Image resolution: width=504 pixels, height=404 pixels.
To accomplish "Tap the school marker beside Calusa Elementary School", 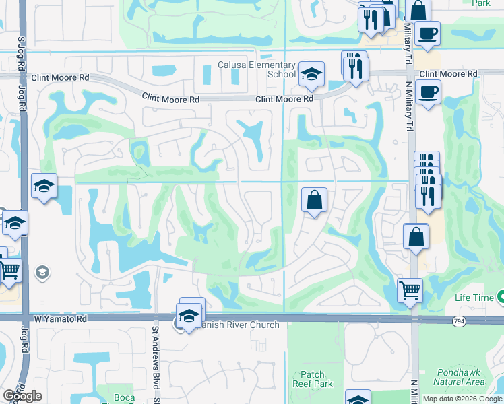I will click(312, 75).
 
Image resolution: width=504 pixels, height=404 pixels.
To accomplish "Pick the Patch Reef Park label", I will click(317, 379).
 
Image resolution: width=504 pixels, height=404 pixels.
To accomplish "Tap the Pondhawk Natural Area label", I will click(459, 376).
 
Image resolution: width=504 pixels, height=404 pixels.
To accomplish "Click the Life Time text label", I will click(472, 298).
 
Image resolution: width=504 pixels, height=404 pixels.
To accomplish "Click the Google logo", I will click(22, 396).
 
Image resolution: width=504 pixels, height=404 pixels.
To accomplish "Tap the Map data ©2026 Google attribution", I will click(462, 399).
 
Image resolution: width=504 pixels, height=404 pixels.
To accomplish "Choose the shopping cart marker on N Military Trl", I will click(410, 291).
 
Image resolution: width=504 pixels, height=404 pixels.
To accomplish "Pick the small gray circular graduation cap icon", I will click(42, 272).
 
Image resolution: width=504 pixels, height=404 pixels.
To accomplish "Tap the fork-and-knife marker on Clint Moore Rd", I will click(355, 68).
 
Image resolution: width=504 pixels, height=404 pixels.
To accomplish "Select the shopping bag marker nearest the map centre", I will click(314, 200).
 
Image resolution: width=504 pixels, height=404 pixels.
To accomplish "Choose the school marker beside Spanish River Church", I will click(189, 315).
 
